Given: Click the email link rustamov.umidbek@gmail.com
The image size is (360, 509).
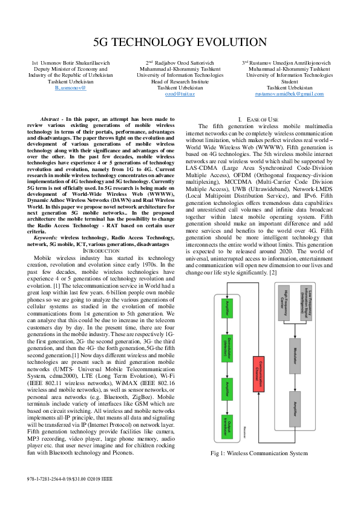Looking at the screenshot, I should [x=281, y=94].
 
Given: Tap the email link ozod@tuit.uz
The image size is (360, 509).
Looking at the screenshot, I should [x=182, y=94].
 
